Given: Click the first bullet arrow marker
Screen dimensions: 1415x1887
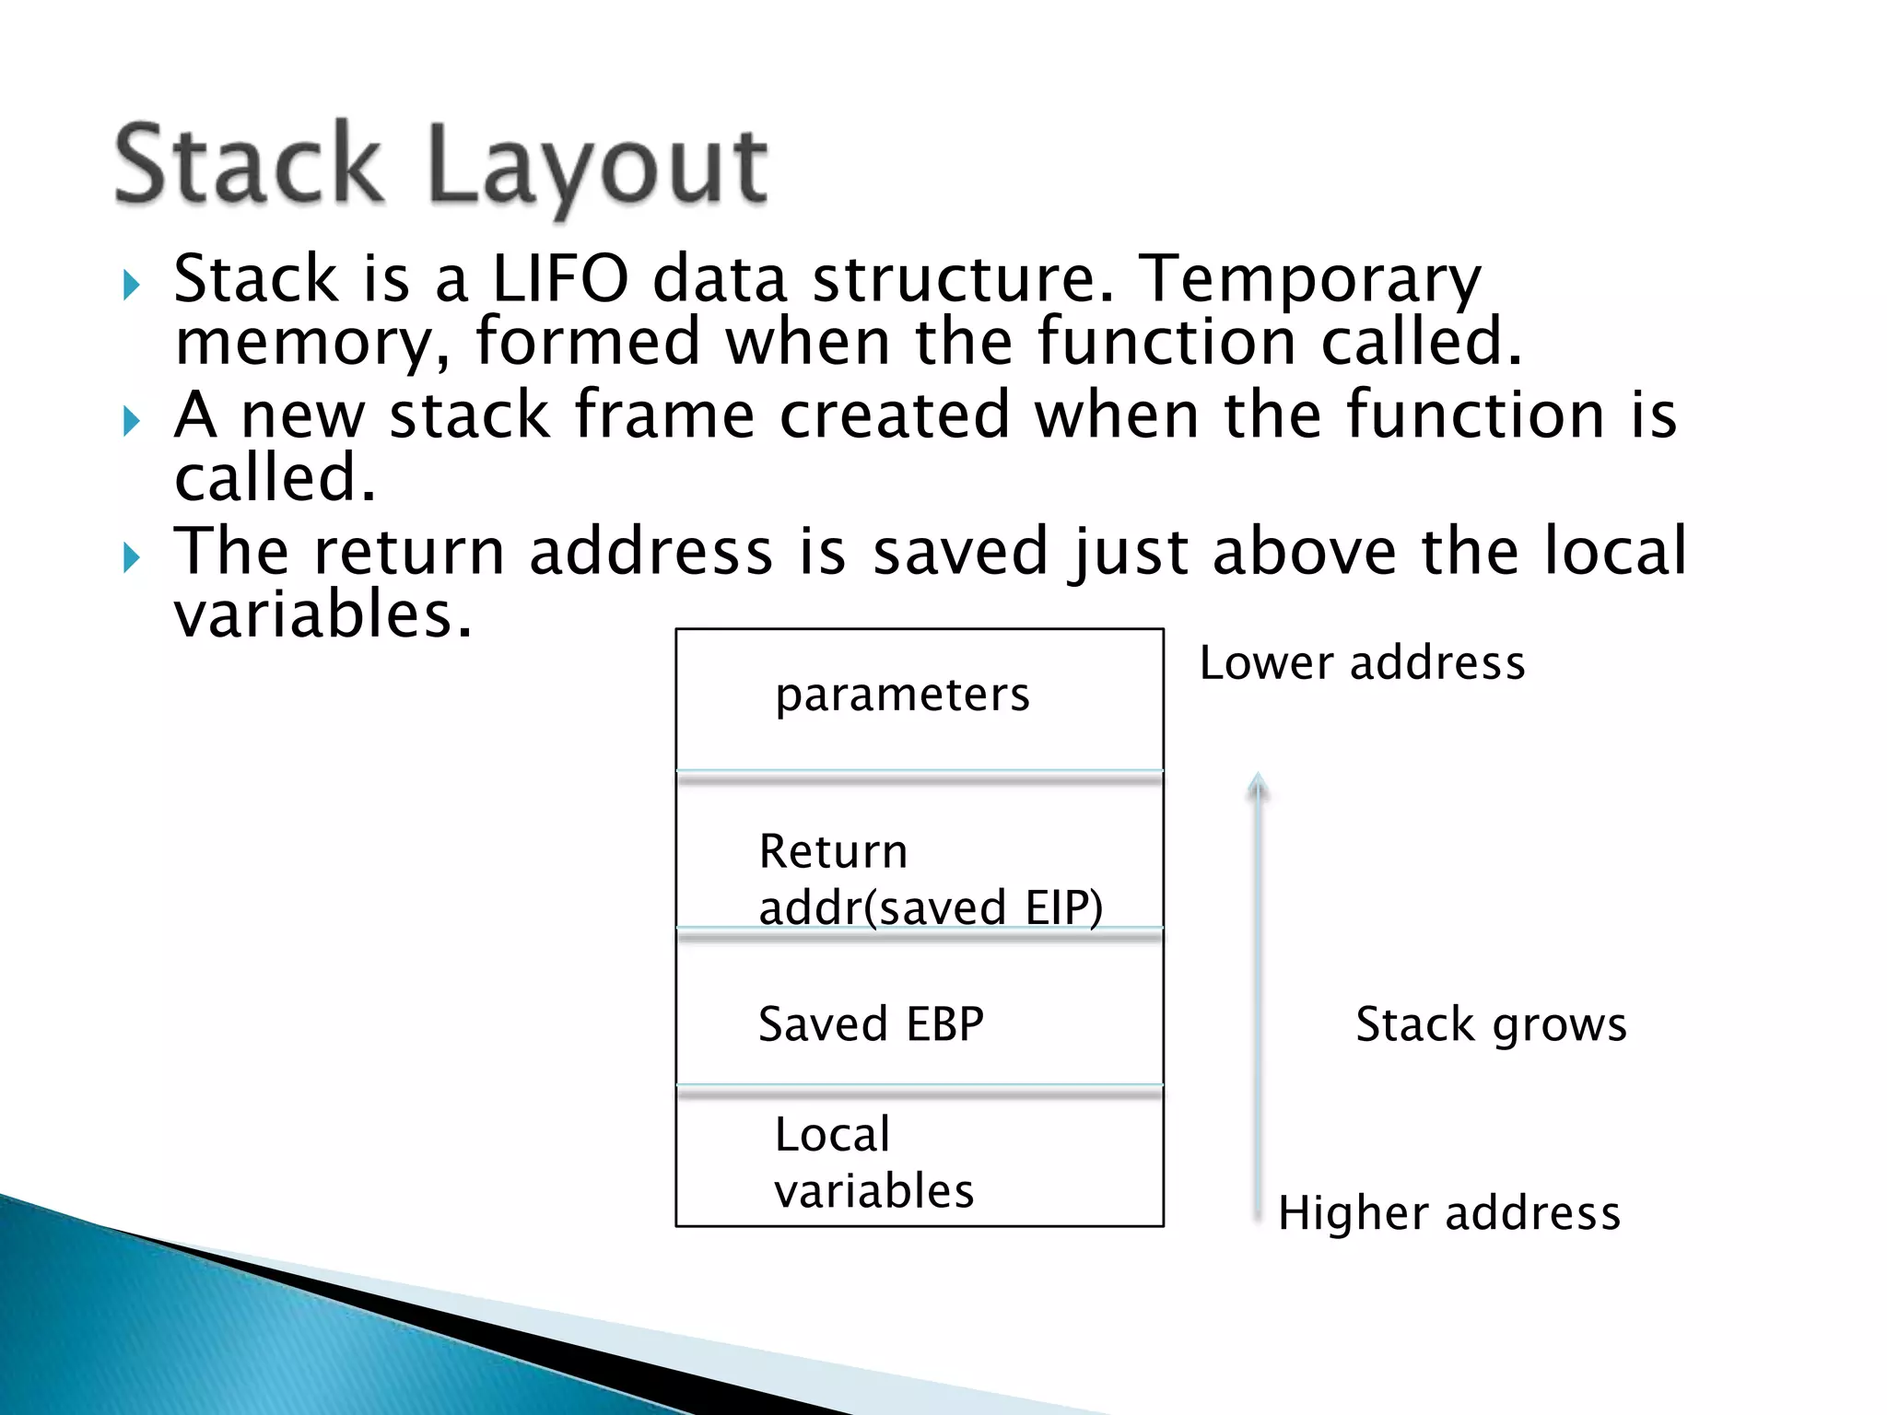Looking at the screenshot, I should click(x=131, y=286).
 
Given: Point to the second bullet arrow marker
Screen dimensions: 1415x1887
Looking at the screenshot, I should click(x=131, y=422).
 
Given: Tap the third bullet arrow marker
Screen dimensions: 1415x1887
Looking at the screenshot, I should click(x=131, y=558).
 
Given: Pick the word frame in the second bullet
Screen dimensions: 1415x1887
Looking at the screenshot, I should click(x=663, y=415).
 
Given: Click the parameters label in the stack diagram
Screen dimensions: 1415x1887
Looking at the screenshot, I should click(x=902, y=695).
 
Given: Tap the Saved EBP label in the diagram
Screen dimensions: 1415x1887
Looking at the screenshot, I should click(x=871, y=1024).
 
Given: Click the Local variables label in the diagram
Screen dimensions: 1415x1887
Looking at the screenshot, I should click(x=873, y=1163).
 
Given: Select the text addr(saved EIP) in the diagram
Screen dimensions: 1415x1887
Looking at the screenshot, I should click(x=930, y=907).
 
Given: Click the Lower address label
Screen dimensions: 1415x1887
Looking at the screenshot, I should click(x=1362, y=663).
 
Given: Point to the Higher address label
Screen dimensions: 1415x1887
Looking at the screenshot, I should click(x=1448, y=1213).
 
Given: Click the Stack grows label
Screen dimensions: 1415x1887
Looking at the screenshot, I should click(x=1491, y=1024).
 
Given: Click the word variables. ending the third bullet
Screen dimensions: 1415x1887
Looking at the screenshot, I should click(x=322, y=615).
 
